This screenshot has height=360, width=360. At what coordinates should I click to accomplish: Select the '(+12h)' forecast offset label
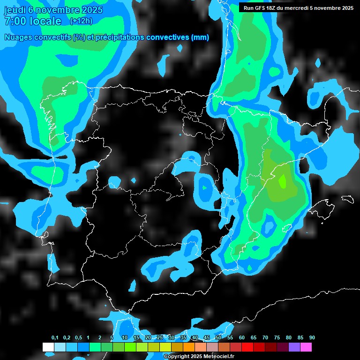click(x=81, y=21)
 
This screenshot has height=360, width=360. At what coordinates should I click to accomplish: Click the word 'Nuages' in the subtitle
click(x=19, y=37)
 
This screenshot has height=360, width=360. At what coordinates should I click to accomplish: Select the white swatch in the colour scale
click(x=48, y=347)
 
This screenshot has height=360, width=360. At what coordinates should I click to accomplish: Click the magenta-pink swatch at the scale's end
click(x=306, y=347)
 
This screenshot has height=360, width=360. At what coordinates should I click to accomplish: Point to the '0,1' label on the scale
click(x=55, y=338)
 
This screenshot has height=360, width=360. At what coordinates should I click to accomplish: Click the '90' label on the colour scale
click(x=312, y=338)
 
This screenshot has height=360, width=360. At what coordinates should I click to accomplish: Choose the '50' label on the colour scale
click(x=218, y=338)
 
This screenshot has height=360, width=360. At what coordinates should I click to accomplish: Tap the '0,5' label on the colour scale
click(x=78, y=338)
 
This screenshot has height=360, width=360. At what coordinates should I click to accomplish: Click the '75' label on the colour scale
click(x=277, y=338)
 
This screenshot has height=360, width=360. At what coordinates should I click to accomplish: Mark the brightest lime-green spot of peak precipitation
click(x=282, y=180)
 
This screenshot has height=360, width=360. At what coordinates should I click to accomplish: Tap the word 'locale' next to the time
click(x=45, y=21)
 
